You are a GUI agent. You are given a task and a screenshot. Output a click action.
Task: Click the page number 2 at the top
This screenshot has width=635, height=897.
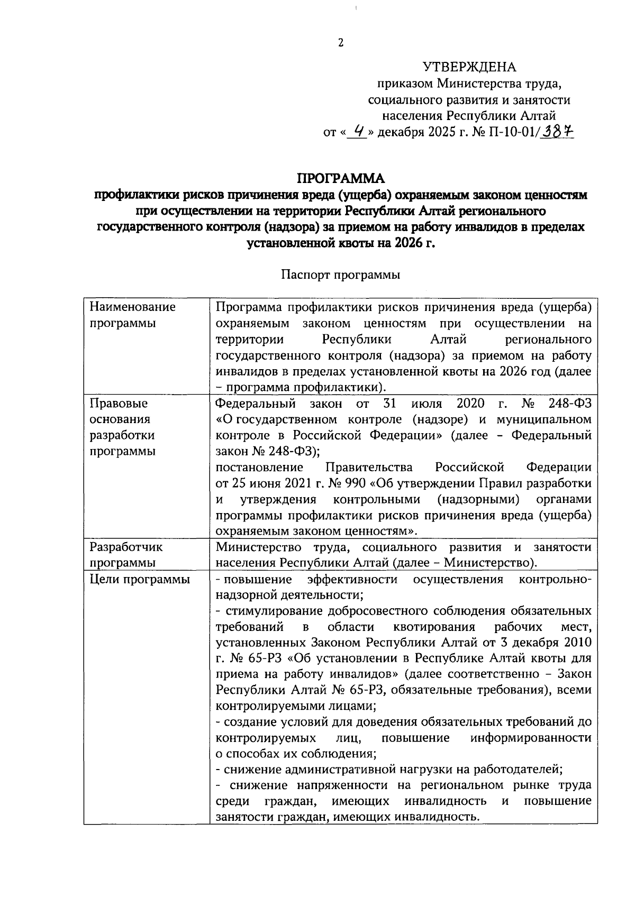(x=341, y=43)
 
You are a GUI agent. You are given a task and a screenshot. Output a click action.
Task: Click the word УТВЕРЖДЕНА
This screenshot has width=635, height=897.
(x=469, y=67)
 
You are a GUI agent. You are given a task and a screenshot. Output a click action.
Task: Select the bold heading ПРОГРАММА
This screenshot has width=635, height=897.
(x=340, y=178)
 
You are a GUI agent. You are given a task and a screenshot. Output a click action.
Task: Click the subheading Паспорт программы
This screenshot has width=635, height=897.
(x=340, y=275)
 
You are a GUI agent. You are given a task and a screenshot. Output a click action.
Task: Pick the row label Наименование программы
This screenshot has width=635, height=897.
(x=132, y=315)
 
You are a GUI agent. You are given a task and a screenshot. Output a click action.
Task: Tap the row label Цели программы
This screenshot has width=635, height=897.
(x=140, y=579)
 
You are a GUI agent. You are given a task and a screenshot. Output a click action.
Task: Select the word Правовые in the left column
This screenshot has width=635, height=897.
(x=119, y=404)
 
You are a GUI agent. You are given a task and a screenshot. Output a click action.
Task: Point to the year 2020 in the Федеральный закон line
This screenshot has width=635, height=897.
(x=470, y=404)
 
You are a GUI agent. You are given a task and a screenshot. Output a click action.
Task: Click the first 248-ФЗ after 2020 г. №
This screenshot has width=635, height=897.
(x=569, y=404)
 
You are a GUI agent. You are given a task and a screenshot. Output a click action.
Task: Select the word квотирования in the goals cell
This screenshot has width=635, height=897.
(x=434, y=627)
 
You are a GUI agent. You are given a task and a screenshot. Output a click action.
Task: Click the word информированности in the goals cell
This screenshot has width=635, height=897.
(x=531, y=738)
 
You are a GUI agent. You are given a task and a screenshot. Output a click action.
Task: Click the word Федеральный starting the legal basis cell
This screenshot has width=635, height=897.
(x=256, y=404)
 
